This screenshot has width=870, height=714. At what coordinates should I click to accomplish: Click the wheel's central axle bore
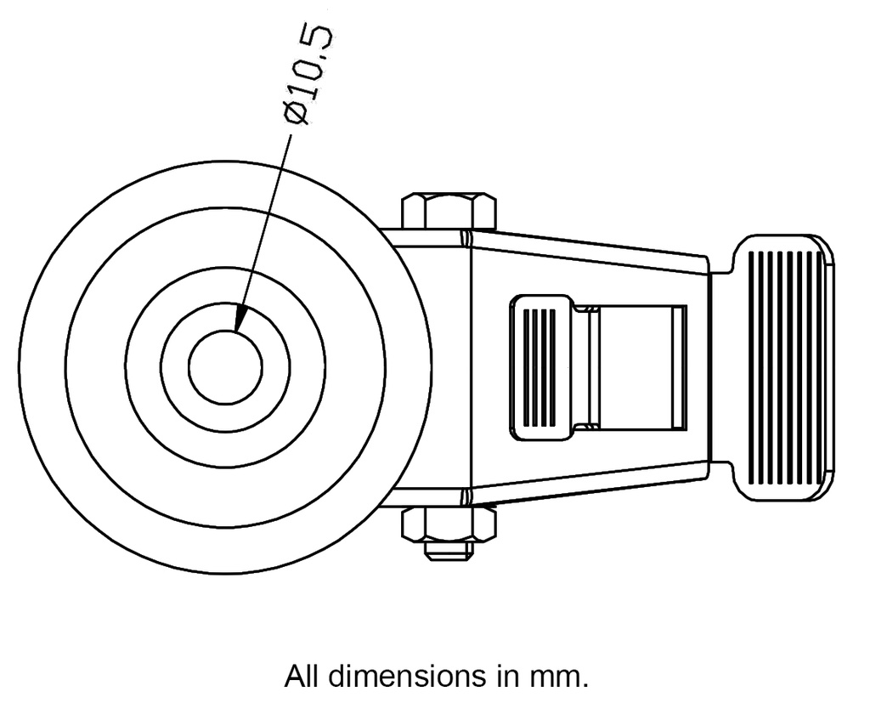225,367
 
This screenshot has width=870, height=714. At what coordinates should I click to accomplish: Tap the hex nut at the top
448,211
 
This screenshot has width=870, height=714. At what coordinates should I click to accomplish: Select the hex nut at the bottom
448,524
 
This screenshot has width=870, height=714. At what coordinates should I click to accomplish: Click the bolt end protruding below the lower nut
448,552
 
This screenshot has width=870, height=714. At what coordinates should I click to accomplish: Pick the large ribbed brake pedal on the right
783,367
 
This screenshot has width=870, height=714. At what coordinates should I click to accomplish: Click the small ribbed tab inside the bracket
540,367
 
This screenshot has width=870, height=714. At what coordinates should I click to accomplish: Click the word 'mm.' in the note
559,677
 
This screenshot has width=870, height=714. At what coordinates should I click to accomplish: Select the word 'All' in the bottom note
302,677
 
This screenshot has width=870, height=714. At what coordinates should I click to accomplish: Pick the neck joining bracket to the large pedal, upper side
721,263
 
